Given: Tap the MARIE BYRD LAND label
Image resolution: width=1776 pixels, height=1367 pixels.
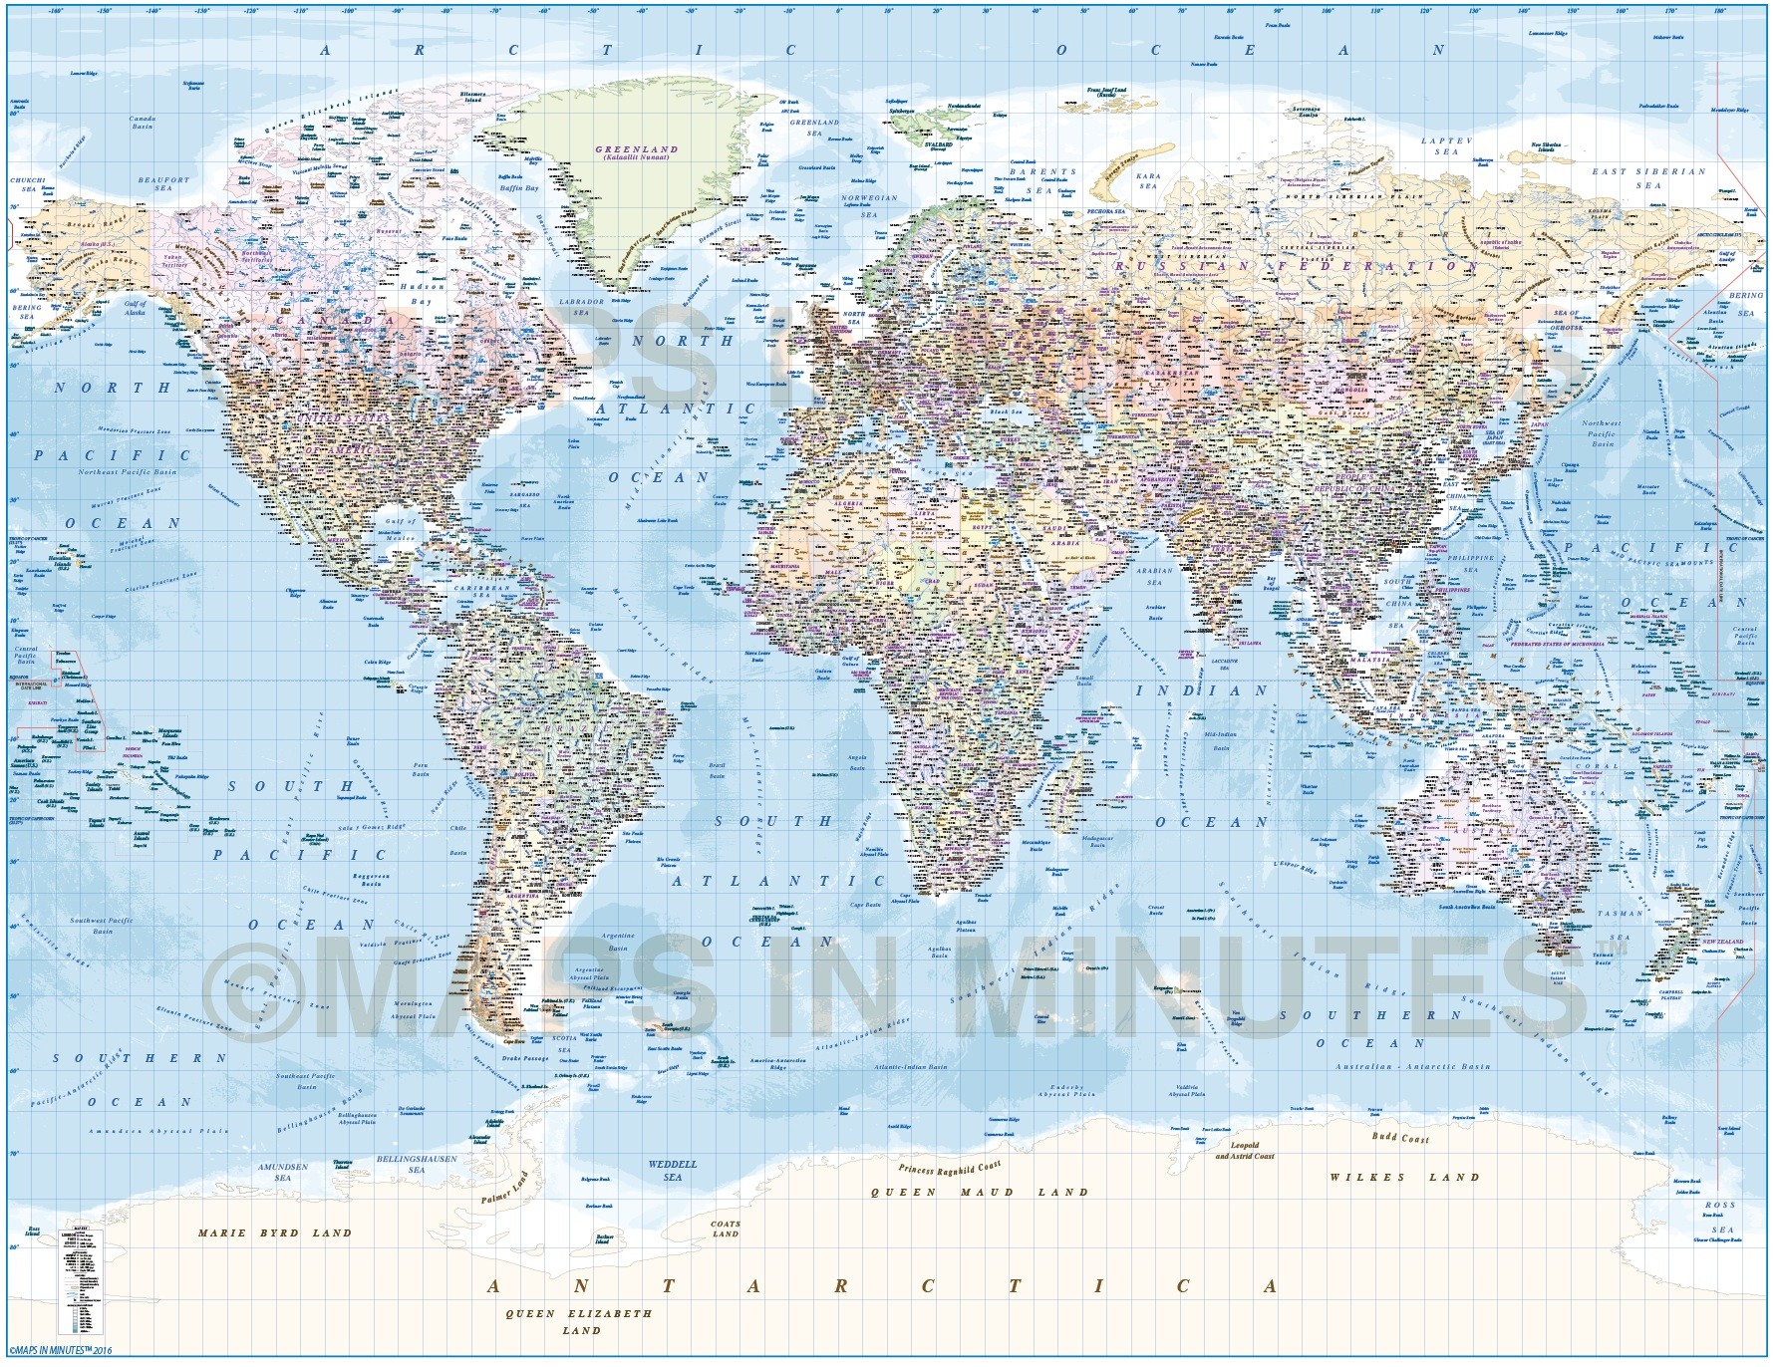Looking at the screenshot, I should pyautogui.click(x=274, y=1232).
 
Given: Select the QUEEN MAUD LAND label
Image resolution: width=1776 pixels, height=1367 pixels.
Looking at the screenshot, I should pyautogui.click(x=980, y=1192).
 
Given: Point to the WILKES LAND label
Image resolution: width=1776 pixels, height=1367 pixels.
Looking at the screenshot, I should pyautogui.click(x=1404, y=1177).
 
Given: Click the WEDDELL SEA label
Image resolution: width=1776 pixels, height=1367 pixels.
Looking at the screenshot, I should pyautogui.click(x=673, y=1170).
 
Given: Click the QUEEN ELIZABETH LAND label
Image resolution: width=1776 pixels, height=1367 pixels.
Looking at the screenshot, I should pyautogui.click(x=579, y=1321).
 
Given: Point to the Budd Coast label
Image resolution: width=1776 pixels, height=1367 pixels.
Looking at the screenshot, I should pyautogui.click(x=1399, y=1138).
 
